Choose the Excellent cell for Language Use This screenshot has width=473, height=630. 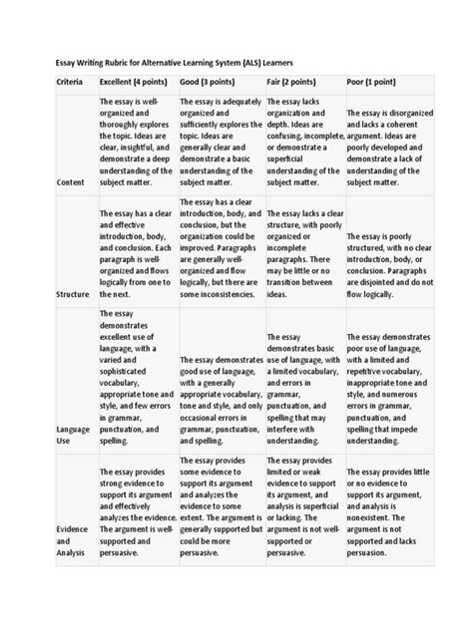tap(137, 378)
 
